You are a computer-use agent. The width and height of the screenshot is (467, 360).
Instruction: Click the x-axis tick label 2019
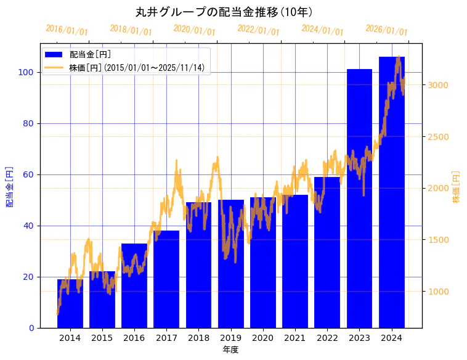pos(230,338)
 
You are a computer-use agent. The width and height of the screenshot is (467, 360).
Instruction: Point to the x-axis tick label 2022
pos(327,338)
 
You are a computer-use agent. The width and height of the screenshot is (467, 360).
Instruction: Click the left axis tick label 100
pos(26,72)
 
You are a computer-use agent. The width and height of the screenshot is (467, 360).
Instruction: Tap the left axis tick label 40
pos(29,226)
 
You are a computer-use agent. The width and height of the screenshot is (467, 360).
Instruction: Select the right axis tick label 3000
pos(438,85)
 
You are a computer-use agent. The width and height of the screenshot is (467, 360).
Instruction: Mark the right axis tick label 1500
pos(438,240)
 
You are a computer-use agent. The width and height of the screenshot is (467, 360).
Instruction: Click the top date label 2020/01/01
pos(195,30)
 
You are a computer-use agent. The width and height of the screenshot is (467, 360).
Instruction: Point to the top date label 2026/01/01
pos(386,30)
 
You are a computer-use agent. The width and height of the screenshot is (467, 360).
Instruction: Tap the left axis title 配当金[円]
pos(9,186)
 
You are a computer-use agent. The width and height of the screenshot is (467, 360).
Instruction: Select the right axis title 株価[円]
pos(456,187)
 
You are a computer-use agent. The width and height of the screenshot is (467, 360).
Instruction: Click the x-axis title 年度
pos(230,350)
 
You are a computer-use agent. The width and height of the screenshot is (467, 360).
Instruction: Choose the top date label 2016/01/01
pos(67,30)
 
